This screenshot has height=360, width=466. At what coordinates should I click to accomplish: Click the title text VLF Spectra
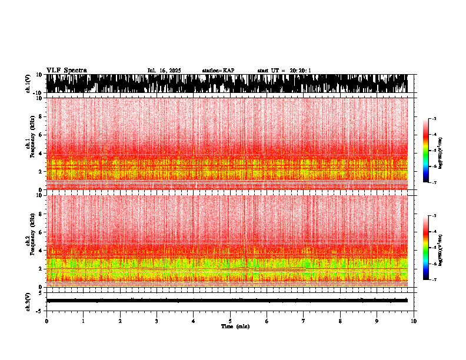pyautogui.click(x=66, y=71)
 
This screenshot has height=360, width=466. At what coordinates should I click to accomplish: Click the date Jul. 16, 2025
pyautogui.click(x=164, y=71)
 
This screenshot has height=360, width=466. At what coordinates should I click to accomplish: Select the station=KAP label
pyautogui.click(x=218, y=71)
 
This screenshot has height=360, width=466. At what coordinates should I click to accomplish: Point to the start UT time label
pyautogui.click(x=284, y=71)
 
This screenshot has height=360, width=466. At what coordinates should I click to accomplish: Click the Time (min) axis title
pyautogui.click(x=235, y=326)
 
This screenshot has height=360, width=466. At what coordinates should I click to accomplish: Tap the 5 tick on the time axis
pyautogui.click(x=230, y=321)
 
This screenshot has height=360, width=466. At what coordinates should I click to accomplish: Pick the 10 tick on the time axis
pyautogui.click(x=414, y=321)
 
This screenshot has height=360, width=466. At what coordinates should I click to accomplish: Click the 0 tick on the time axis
pyautogui.click(x=46, y=321)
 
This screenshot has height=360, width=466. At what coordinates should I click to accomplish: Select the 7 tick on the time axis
pyautogui.click(x=304, y=321)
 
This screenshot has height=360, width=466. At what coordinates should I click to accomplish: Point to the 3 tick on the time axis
pyautogui.click(x=157, y=321)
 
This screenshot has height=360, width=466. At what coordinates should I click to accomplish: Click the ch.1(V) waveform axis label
pyautogui.click(x=28, y=84)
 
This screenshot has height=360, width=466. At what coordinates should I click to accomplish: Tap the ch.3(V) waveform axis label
pyautogui.click(x=28, y=301)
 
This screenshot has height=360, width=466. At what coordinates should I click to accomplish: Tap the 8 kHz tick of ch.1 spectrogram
pyautogui.click(x=41, y=117)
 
